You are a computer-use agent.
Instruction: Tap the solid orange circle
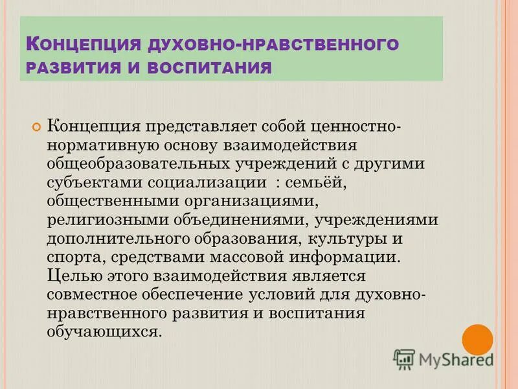pyautogui.click(x=478, y=339)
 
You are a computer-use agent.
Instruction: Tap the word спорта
pyautogui.click(x=71, y=257)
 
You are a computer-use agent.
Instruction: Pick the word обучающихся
pyautogui.click(x=102, y=332)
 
